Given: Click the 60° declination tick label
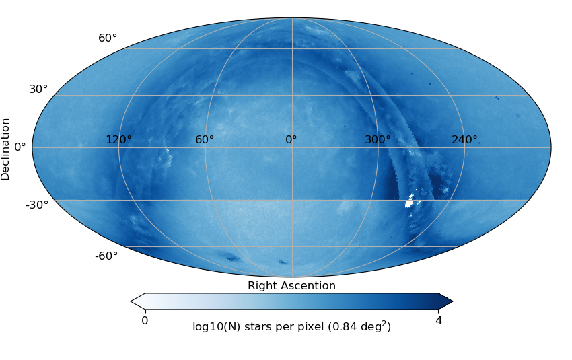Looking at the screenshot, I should [108, 38].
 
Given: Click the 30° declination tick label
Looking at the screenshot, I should [38, 89].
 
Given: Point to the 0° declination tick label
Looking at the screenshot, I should [20, 146].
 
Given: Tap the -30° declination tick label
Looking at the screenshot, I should [37, 205].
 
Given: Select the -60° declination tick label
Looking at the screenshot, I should [106, 256].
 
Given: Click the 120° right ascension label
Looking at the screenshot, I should [118, 140].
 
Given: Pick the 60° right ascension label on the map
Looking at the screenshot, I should [205, 140].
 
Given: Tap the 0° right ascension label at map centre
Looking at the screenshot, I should [291, 140].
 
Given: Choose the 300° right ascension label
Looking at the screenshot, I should [378, 140].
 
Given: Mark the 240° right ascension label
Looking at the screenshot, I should [464, 140].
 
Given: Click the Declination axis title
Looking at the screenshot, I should [6, 149].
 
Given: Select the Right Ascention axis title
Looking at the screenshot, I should [291, 285].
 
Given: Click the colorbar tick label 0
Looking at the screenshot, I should [145, 321].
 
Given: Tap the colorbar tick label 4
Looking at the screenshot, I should [439, 321].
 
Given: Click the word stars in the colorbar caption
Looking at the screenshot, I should [256, 327].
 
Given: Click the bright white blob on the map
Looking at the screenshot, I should [409, 201].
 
